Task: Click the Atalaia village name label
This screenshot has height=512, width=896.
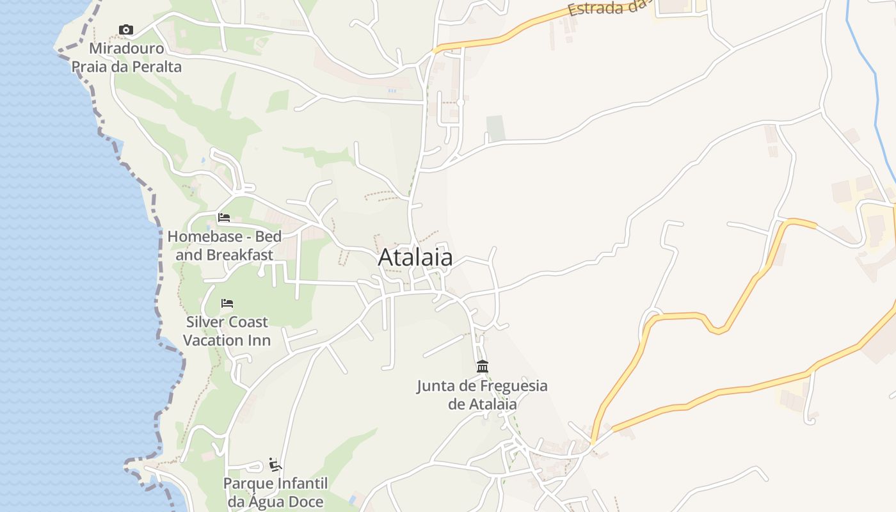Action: pyautogui.click(x=415, y=257)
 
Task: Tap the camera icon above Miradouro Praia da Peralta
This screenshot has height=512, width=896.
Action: pyautogui.click(x=126, y=29)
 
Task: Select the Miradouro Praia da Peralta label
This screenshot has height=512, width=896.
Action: pyautogui.click(x=127, y=58)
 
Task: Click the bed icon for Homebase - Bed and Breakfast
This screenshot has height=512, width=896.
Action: pyautogui.click(x=224, y=218)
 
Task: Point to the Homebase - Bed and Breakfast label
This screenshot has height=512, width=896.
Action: pyautogui.click(x=225, y=246)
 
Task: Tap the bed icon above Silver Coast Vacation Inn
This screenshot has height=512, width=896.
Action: pyautogui.click(x=227, y=303)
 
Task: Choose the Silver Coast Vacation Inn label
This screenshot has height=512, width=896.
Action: pyautogui.click(x=227, y=331)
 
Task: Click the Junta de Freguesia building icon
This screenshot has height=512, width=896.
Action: pyautogui.click(x=483, y=367)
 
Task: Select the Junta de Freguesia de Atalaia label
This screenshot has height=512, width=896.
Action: pyautogui.click(x=483, y=395)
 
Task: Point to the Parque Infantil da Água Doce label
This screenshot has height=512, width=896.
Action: pyautogui.click(x=275, y=492)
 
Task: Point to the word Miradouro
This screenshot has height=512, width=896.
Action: pyautogui.click(x=127, y=49)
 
